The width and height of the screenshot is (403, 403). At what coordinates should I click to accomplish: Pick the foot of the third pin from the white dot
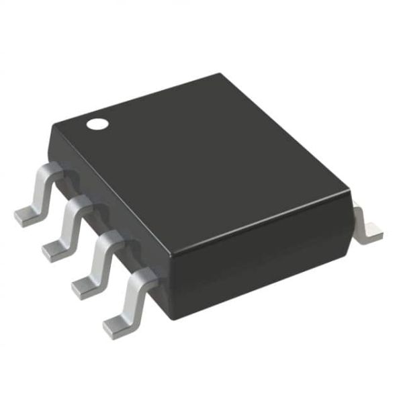click(87, 285)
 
